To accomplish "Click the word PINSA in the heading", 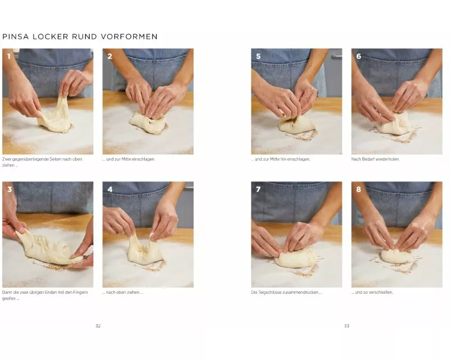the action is tap(15, 37).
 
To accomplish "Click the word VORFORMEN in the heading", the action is tap(129, 37).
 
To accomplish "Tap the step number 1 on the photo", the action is tap(8, 56).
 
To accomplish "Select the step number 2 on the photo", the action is tap(109, 56).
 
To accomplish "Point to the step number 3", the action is tap(10, 190).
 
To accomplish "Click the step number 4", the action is tap(109, 190).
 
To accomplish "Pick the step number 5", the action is tap(258, 56).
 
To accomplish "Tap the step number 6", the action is tap(359, 56).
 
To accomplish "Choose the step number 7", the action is tap(258, 190).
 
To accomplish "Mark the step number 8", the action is tap(359, 190).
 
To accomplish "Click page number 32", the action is tap(98, 326).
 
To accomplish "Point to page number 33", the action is tap(347, 326).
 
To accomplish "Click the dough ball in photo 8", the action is tap(394, 256).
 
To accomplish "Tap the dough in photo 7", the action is tap(296, 258).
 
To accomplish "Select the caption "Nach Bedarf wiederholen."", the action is tap(375, 159).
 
